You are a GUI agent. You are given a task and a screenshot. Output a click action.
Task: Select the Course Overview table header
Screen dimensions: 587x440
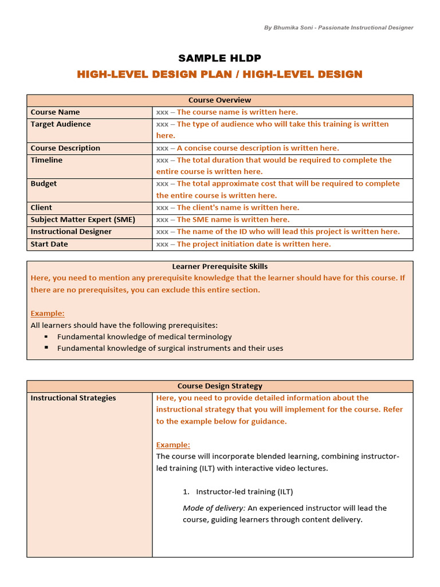(220, 100)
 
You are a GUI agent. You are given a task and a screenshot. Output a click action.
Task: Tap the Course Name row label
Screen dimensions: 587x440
(55, 112)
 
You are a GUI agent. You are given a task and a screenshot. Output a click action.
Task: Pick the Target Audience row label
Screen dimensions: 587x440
(60, 124)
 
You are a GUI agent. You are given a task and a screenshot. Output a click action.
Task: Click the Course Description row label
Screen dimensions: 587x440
(65, 148)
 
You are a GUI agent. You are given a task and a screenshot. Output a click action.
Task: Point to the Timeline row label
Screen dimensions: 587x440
(46, 160)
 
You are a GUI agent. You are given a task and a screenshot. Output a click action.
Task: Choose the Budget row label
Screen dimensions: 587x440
(44, 183)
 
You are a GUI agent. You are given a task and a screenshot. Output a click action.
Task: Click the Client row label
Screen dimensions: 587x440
(41, 208)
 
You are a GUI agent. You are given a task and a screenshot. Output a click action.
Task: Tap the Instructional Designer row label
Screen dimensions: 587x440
(71, 232)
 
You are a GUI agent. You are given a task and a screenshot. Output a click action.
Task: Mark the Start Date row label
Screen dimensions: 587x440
(49, 244)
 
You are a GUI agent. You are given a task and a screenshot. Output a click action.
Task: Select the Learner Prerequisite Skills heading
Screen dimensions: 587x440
(220, 266)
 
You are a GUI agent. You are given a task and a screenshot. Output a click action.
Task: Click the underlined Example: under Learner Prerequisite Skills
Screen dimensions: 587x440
(48, 313)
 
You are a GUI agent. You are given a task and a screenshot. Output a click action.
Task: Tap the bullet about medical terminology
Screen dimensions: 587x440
(144, 336)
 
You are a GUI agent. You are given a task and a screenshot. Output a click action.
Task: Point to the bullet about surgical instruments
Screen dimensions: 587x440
(170, 348)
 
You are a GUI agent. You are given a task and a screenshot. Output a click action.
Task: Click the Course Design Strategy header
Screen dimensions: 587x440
(220, 386)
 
